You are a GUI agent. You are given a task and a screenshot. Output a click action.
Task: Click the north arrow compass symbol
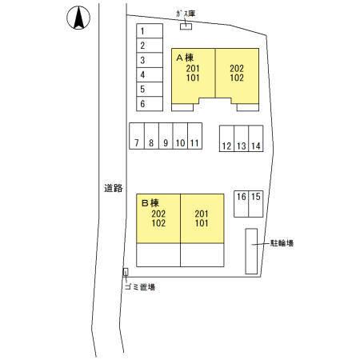coord(78,18)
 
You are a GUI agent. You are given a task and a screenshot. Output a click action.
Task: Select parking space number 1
coord(150,31)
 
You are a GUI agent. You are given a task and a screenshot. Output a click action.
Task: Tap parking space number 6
coord(150,103)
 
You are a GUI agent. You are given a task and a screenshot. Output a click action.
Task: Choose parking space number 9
coord(166,136)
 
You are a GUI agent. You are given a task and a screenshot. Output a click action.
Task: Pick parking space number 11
coord(194,136)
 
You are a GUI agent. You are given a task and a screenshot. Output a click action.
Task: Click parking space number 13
coord(242,138)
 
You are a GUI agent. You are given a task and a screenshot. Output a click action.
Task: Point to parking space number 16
coord(242,204)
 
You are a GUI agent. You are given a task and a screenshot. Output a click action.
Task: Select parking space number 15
coord(256,204)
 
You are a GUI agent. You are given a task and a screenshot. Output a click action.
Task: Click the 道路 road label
coord(114,188)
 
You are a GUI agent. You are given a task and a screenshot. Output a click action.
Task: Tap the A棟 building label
coord(185,58)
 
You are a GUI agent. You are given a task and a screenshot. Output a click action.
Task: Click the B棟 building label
coord(150,203)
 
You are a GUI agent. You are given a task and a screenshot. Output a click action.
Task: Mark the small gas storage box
coord(186,26)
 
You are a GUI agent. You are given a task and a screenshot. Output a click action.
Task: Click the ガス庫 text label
coord(186,14)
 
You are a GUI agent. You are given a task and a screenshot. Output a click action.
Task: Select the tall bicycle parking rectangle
coord(251,251)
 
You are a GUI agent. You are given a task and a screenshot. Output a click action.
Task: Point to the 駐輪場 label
coord(282,243)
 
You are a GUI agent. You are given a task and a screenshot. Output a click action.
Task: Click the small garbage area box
coord(126,272)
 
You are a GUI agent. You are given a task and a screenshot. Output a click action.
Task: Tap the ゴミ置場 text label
coord(140,287)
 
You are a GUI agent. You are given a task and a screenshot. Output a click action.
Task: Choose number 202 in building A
coord(237,69)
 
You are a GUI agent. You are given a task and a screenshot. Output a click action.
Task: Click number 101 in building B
coord(202,223)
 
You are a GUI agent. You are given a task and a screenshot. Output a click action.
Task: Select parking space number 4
coord(150,74)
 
